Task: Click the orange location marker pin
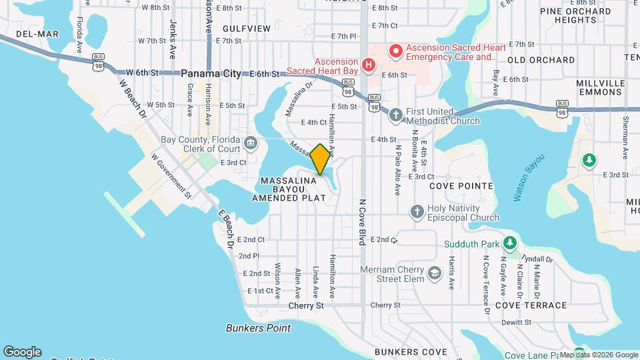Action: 320,159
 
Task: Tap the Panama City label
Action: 211,74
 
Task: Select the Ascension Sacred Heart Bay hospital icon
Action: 368,66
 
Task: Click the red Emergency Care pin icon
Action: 395,49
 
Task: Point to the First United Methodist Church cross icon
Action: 395,114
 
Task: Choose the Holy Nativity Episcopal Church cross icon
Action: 417,211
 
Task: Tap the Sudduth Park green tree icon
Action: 510,242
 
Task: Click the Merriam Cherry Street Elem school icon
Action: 435,273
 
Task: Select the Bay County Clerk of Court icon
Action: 251,141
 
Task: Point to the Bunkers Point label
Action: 258,328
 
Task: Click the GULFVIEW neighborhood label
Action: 247,29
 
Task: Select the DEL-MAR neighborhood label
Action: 19,34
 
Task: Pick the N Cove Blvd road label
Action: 363,221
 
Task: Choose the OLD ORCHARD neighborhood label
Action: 541,60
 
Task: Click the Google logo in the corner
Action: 22,352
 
